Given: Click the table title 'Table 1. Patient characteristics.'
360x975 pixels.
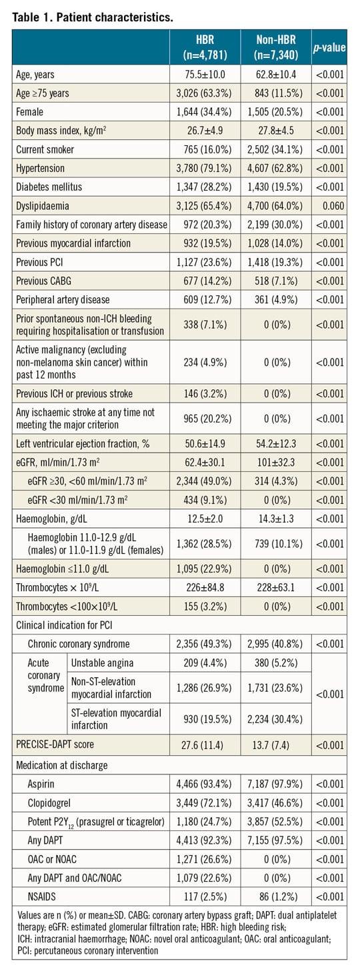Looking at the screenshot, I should (x=93, y=17).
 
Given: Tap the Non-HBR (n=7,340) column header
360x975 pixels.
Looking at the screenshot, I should (x=276, y=47).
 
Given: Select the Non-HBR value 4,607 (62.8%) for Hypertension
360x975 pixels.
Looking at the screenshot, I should (x=276, y=169).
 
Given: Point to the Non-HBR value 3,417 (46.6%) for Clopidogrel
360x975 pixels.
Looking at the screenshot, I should (x=276, y=803).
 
